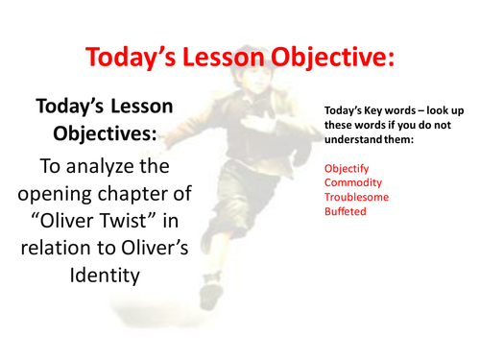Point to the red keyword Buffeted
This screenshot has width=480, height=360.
click(345, 210)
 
